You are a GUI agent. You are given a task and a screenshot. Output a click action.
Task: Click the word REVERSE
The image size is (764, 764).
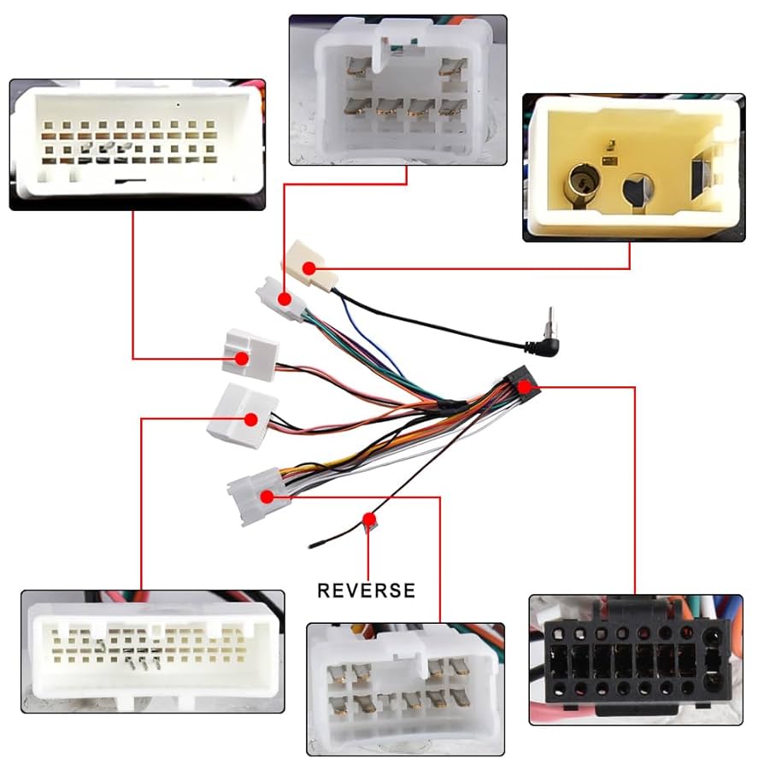coord(366,590)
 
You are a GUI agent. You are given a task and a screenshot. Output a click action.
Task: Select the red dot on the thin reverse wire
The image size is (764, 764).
coord(369,519)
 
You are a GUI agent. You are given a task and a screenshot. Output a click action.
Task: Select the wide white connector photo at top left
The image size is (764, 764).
coord(137,144)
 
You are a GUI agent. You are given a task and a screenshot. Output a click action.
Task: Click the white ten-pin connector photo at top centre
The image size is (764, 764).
coord(397,90)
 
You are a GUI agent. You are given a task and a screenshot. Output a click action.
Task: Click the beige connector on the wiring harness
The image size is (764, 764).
coord(306,265)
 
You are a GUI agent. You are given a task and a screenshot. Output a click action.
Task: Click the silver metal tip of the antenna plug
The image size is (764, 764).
coord(552,319)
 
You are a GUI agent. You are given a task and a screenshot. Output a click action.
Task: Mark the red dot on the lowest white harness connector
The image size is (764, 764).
coord(267,497)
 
